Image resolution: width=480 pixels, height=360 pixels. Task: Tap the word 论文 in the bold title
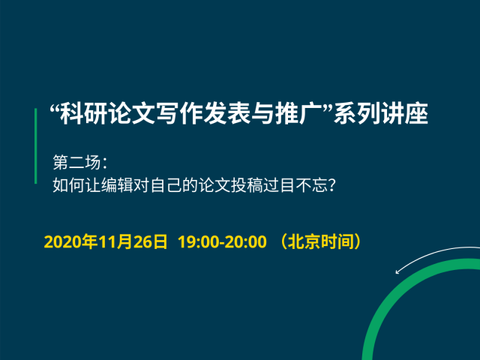(132, 113)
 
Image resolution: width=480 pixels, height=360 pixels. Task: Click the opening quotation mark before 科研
(55, 108)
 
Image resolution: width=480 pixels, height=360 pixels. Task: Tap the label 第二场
(76, 162)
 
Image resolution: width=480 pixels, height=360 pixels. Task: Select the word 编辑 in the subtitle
(117, 185)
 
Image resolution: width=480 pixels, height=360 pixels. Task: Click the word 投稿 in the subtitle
(247, 185)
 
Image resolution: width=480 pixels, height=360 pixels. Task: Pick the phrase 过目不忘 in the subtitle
(295, 185)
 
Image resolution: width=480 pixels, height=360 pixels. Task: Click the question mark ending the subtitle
(331, 185)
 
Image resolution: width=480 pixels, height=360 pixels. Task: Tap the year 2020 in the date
(60, 241)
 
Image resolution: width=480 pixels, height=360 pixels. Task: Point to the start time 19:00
(198, 241)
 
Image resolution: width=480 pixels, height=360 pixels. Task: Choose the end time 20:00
(247, 241)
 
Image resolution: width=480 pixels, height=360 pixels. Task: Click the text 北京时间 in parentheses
(320, 241)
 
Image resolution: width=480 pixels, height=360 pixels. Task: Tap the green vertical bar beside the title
(36, 145)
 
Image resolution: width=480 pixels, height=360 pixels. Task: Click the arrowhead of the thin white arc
(397, 271)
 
